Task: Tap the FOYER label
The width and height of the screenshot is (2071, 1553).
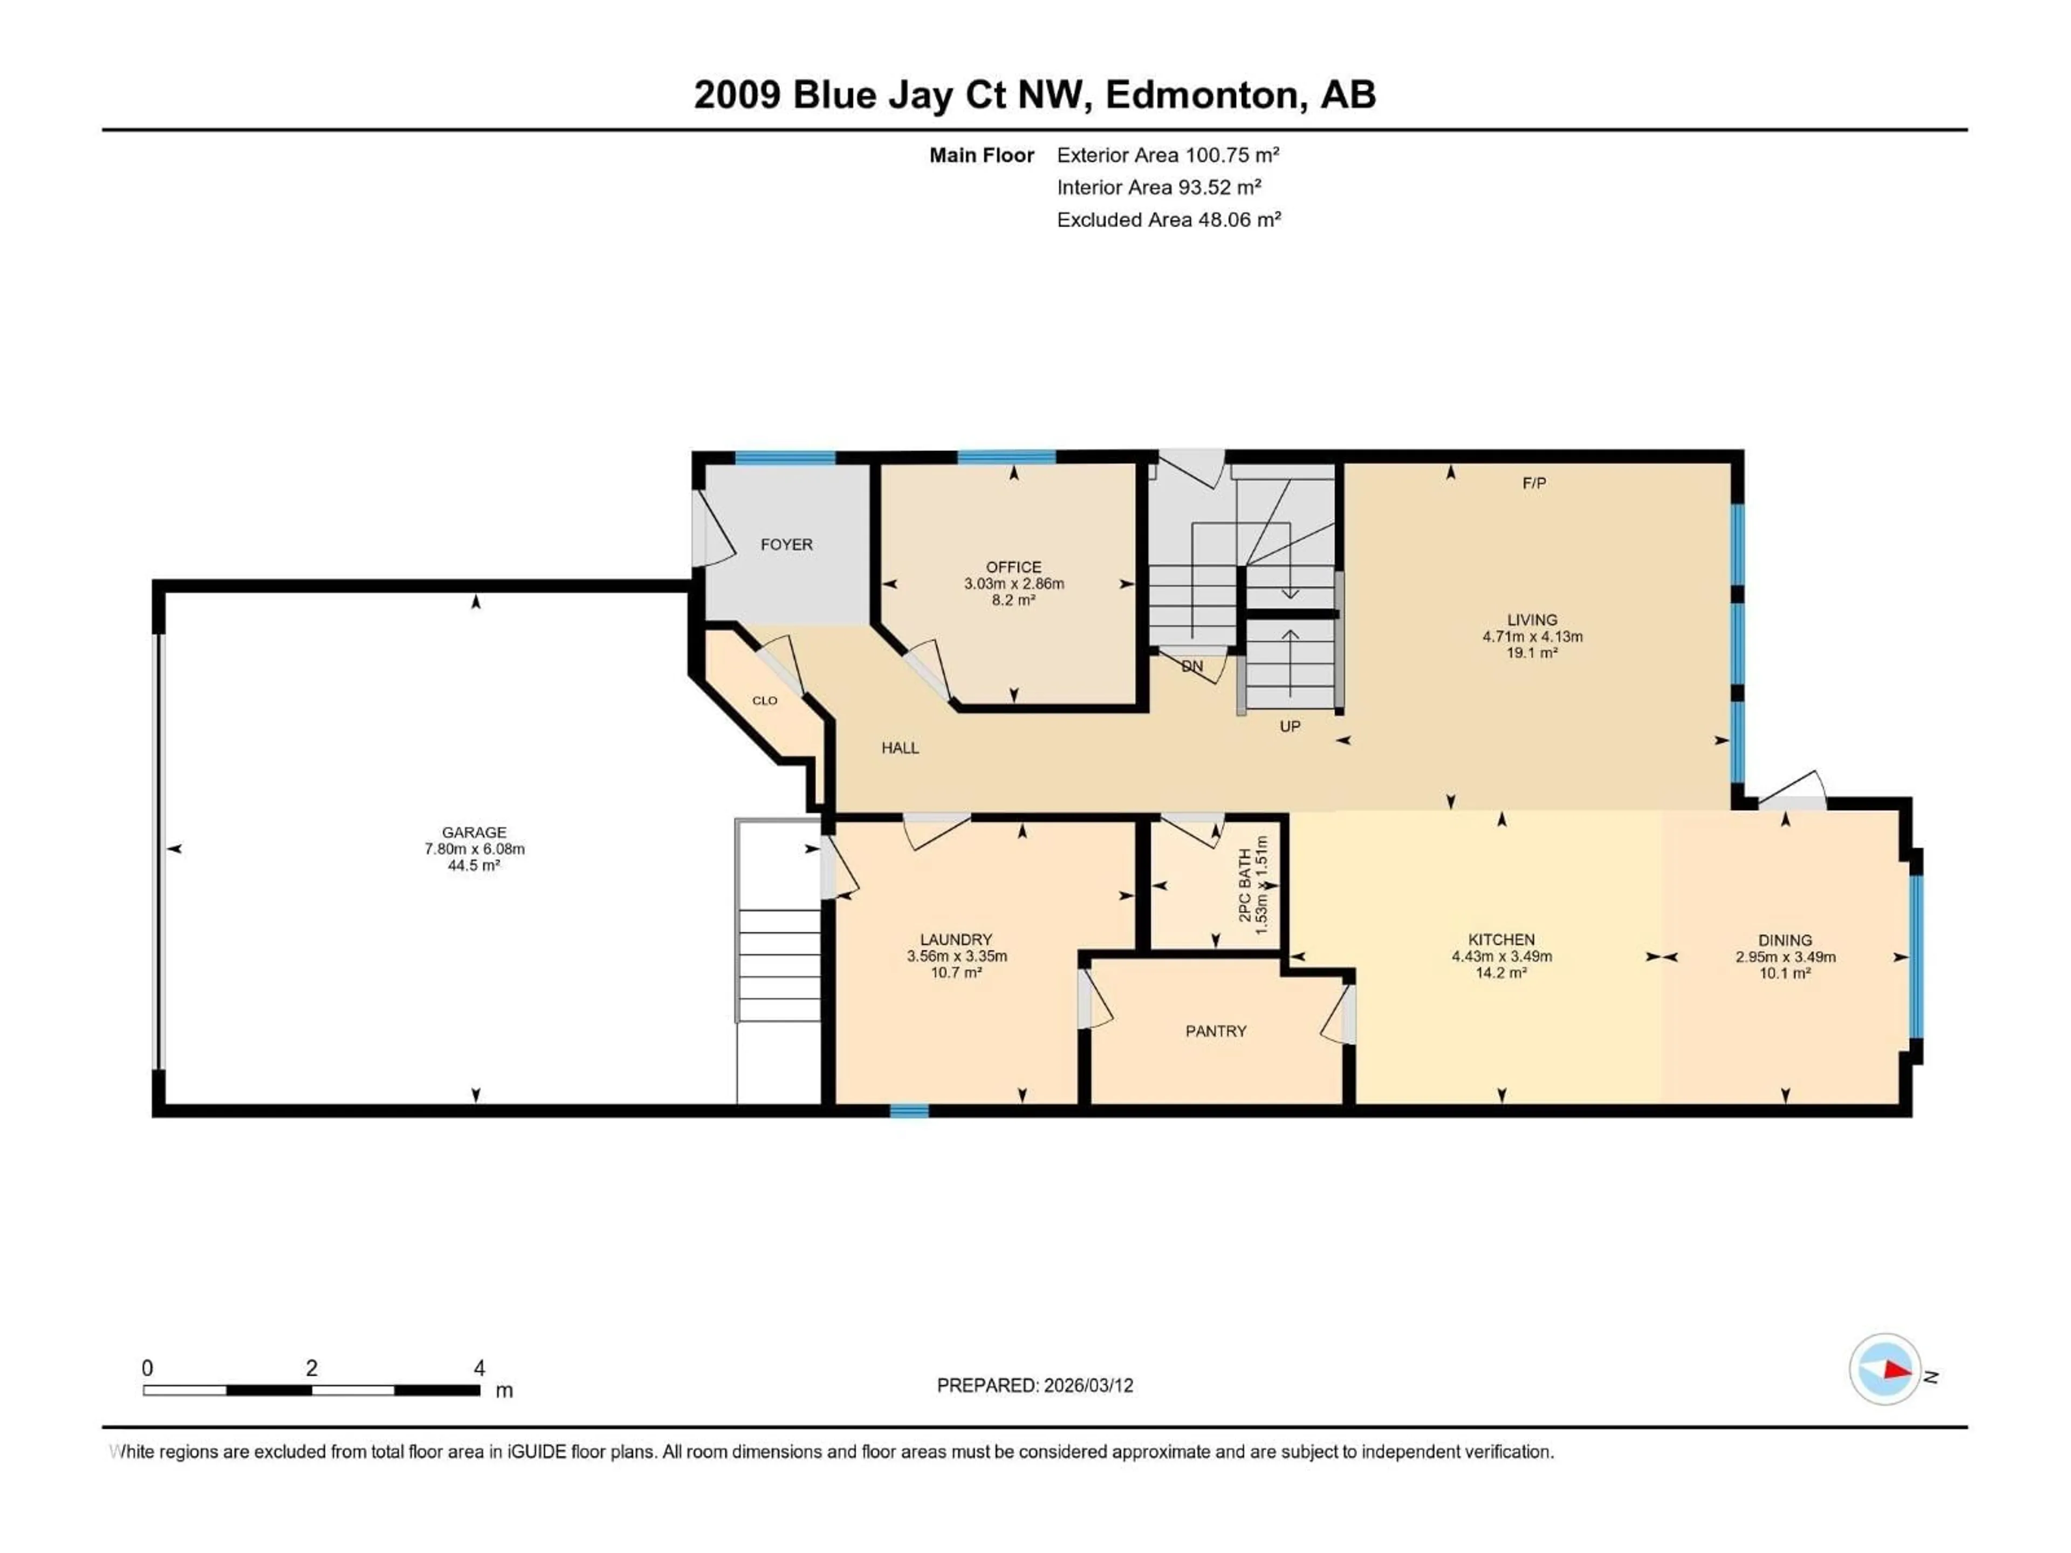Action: point(786,545)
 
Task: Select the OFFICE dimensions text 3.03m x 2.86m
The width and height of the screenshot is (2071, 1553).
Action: point(1014,584)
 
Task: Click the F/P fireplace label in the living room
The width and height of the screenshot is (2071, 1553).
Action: point(1534,483)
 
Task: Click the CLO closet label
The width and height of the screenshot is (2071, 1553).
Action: point(765,701)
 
